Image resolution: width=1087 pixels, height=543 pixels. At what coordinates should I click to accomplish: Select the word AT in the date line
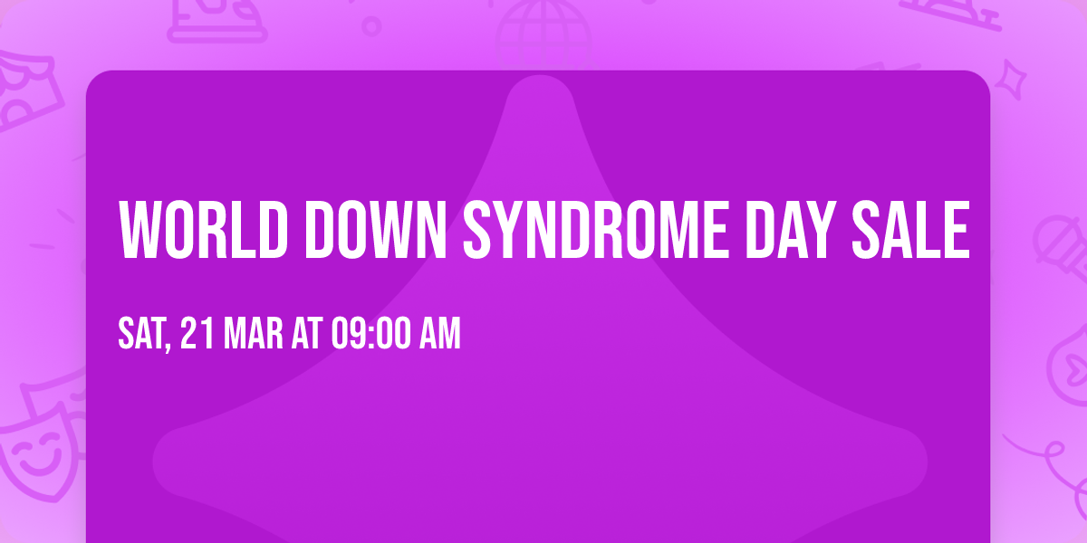(x=306, y=334)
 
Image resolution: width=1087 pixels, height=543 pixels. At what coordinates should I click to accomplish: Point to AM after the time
(x=440, y=334)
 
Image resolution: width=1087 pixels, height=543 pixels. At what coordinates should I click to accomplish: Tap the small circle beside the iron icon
(x=371, y=24)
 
